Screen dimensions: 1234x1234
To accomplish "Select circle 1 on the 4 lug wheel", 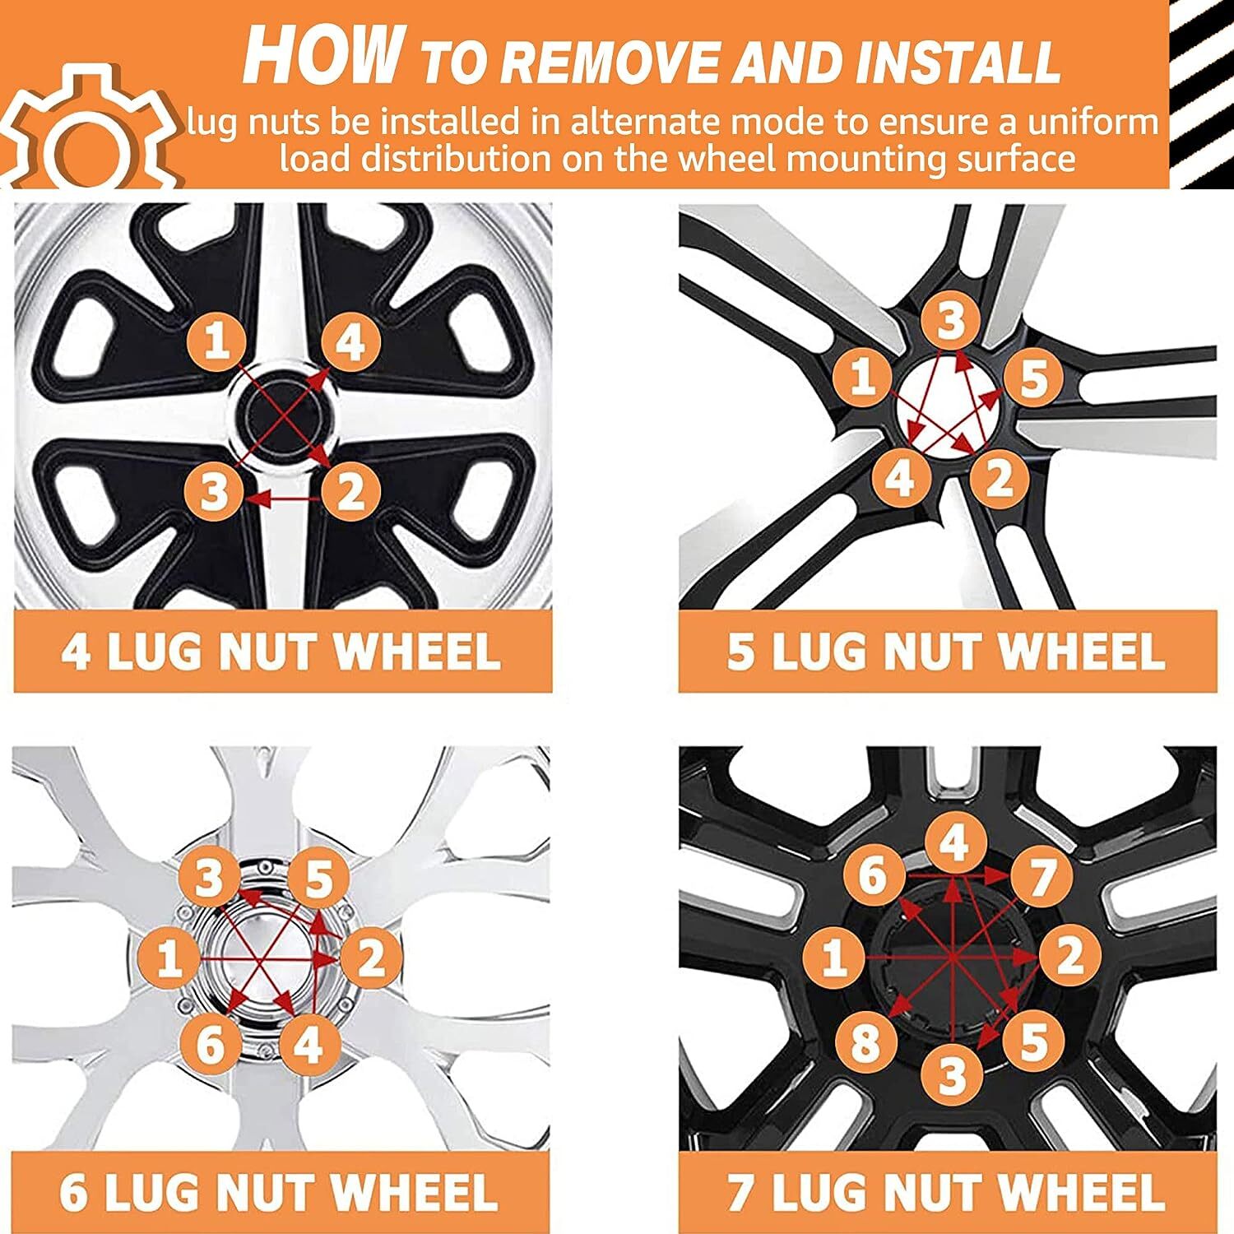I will tap(216, 340).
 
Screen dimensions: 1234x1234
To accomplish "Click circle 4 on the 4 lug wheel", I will tap(350, 341).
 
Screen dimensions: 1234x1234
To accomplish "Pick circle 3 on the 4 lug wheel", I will tap(213, 493).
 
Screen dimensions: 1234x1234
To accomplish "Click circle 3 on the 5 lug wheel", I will tap(949, 321).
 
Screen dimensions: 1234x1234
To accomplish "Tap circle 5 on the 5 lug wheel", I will tap(1034, 379).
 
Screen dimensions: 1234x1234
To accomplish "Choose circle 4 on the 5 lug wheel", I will tap(901, 476).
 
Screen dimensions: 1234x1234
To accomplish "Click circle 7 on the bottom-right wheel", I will tap(1041, 878).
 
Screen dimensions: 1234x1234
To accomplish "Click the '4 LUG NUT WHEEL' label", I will tap(282, 652).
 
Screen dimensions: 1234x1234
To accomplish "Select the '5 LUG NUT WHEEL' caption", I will tap(947, 652).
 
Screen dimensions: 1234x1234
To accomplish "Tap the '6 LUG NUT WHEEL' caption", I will tap(280, 1191).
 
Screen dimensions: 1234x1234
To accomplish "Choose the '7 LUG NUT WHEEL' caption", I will tap(947, 1191).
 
